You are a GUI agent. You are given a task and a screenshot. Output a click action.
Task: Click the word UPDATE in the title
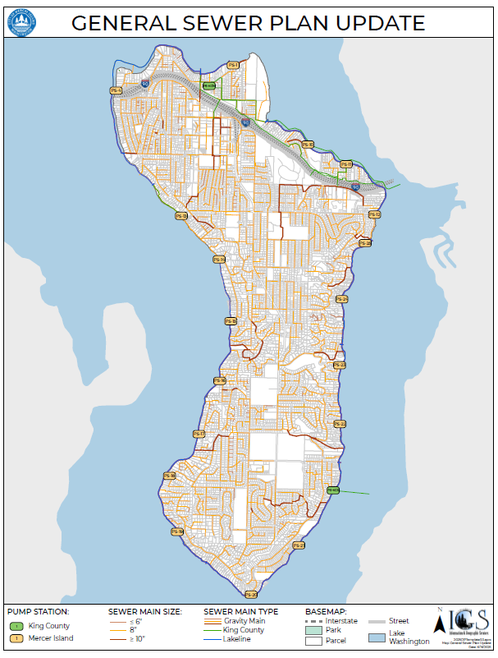377,22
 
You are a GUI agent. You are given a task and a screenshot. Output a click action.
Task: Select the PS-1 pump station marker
233,64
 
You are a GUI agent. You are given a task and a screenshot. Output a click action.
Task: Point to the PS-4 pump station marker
115,90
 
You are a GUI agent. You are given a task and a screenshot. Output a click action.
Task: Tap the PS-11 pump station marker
346,164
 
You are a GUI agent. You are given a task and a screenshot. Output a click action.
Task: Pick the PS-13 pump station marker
181,216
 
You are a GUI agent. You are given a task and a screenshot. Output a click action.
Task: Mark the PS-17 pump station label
199,434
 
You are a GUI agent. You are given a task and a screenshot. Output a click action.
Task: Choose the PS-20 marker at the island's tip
251,594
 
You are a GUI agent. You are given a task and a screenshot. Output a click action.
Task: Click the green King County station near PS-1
208,85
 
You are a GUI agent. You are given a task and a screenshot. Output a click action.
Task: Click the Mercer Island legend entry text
51,638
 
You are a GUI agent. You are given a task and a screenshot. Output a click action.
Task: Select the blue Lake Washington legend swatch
376,637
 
